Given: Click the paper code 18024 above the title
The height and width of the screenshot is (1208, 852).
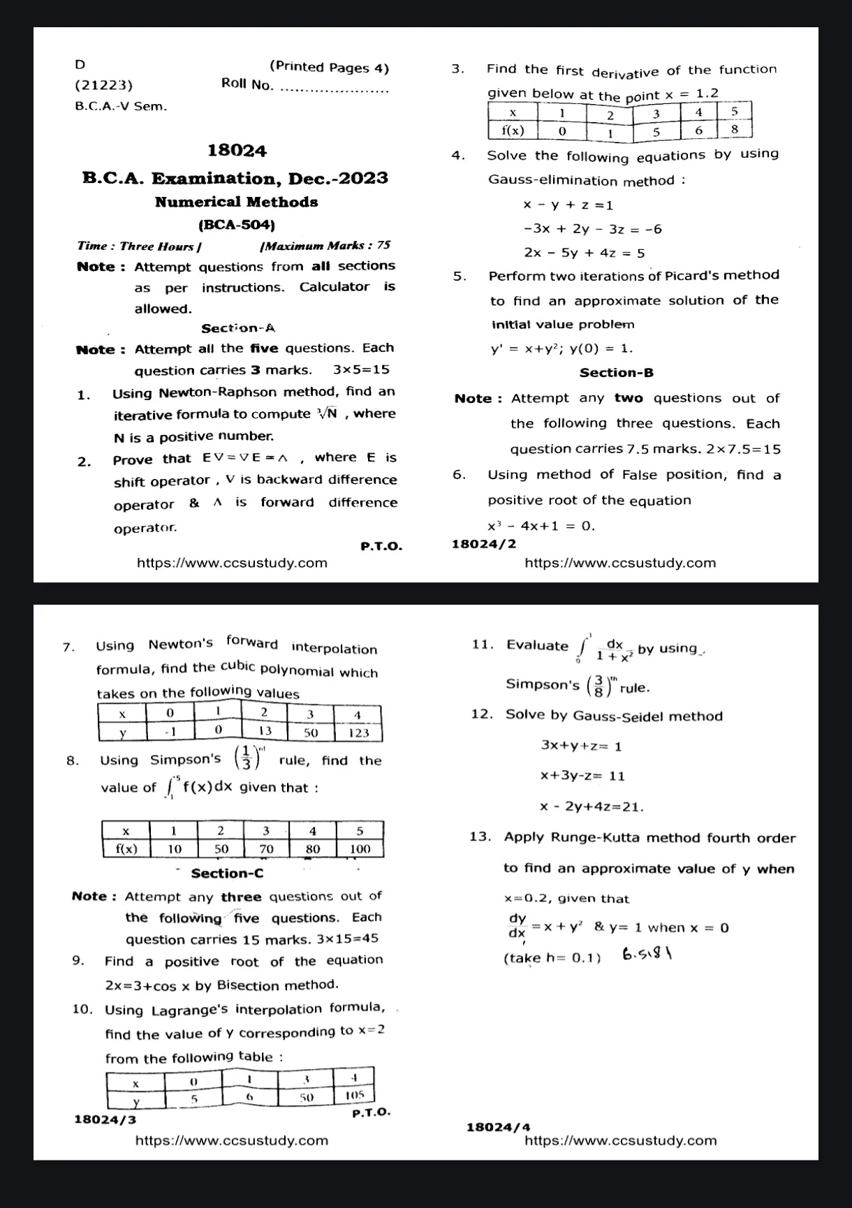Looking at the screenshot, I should (237, 151).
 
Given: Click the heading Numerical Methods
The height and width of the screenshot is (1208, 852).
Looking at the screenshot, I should (236, 202).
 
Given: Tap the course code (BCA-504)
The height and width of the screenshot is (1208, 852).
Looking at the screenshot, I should (237, 225).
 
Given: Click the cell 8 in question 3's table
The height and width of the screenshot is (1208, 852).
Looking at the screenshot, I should (735, 130).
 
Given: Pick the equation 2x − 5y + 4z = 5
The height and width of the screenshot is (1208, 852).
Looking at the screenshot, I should (585, 253).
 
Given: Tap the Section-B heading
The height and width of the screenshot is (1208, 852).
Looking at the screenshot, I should (617, 373).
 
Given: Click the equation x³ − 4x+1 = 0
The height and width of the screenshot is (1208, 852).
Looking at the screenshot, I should (541, 526).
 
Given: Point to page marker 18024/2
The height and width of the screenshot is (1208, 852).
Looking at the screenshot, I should (484, 544).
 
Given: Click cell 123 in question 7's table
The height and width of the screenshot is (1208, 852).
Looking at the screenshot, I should (358, 732).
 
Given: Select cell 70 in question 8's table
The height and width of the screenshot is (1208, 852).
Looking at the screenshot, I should (266, 849).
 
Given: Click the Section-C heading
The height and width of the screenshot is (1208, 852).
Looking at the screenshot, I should (227, 874).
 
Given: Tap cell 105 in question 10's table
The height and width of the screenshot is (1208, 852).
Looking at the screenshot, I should (355, 1096).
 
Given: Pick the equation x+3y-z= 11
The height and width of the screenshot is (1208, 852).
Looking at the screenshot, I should (582, 776).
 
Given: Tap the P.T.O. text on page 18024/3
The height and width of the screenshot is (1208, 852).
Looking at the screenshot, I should (372, 1112).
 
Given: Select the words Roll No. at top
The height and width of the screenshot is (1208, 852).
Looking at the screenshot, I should (247, 84).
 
